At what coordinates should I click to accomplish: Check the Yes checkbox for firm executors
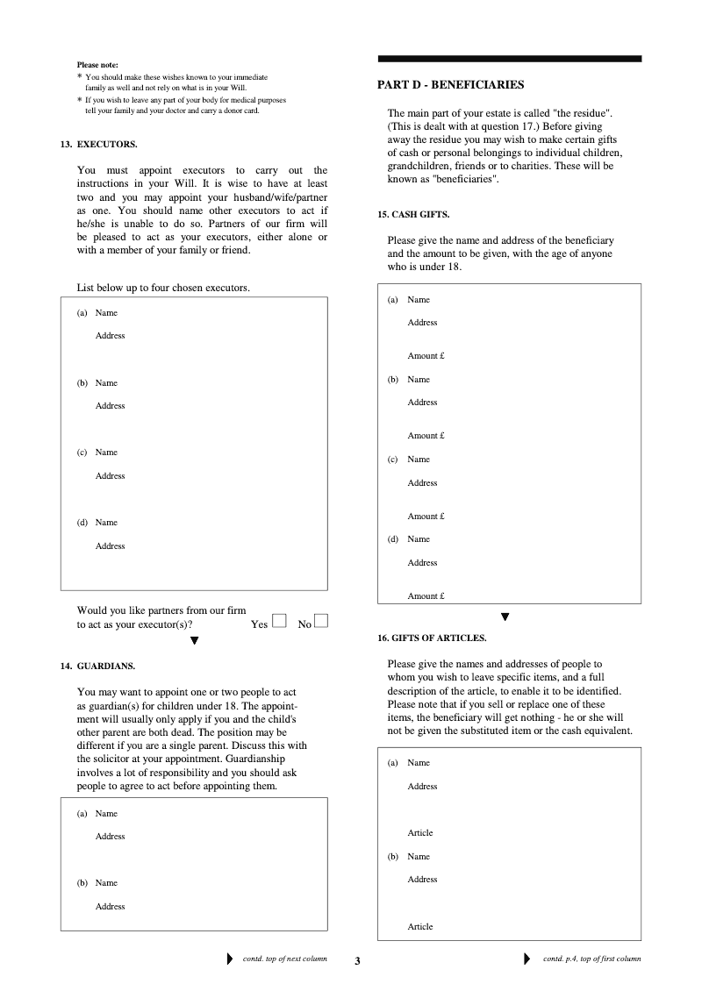click(x=279, y=621)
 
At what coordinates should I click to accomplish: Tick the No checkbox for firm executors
click(x=321, y=621)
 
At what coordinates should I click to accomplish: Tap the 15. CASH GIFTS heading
click(x=413, y=215)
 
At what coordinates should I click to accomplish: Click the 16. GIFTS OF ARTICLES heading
click(x=432, y=638)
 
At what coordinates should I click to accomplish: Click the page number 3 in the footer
click(x=357, y=961)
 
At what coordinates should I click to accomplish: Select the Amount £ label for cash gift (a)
click(x=426, y=356)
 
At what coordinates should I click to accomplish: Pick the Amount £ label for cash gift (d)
click(x=426, y=596)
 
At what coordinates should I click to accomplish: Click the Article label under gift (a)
click(x=420, y=833)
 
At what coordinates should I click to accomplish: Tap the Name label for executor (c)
click(x=106, y=453)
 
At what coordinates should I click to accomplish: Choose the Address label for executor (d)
click(x=111, y=546)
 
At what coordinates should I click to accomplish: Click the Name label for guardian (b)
click(x=106, y=883)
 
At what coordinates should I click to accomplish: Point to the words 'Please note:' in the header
click(x=97, y=65)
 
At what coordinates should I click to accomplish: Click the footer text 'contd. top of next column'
click(x=284, y=959)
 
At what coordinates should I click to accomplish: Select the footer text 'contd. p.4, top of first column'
click(x=591, y=959)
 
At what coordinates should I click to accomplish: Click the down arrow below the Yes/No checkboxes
click(x=195, y=640)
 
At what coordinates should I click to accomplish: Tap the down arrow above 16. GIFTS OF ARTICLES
click(x=505, y=617)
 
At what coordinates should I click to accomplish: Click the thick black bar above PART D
click(x=509, y=59)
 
